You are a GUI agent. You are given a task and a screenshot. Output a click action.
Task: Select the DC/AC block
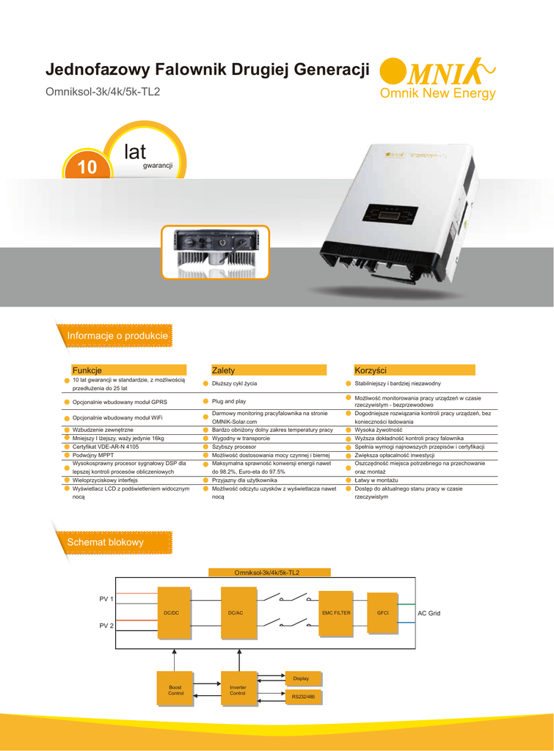pyautogui.click(x=236, y=612)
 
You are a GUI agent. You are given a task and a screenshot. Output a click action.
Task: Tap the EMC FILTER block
pyautogui.click(x=336, y=612)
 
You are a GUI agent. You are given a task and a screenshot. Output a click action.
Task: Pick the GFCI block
pyautogui.click(x=382, y=612)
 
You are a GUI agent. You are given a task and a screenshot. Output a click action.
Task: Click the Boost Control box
pyautogui.click(x=176, y=689)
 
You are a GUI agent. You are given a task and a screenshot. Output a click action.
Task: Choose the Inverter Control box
pyautogui.click(x=238, y=689)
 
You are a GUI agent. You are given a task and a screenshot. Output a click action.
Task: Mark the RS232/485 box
pyautogui.click(x=302, y=696)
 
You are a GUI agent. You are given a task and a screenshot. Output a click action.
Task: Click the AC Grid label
pyautogui.click(x=429, y=612)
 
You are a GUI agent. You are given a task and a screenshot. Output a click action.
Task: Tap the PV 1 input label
pyautogui.click(x=106, y=599)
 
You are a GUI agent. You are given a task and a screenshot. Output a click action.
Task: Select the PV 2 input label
pyautogui.click(x=106, y=626)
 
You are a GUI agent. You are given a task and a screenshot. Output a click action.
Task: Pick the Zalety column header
pyautogui.click(x=223, y=370)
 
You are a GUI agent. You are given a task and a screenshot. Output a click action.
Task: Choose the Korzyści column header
pyautogui.click(x=370, y=370)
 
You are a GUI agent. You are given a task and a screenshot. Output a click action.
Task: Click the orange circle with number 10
pyautogui.click(x=87, y=167)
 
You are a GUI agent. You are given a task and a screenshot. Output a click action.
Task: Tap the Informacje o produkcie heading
pyautogui.click(x=117, y=336)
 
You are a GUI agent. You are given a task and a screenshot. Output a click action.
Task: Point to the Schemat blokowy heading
pyautogui.click(x=105, y=542)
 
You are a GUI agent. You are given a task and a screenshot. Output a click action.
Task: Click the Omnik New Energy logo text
pyautogui.click(x=437, y=94)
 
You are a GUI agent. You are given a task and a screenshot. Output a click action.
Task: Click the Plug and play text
pyautogui.click(x=229, y=401)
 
